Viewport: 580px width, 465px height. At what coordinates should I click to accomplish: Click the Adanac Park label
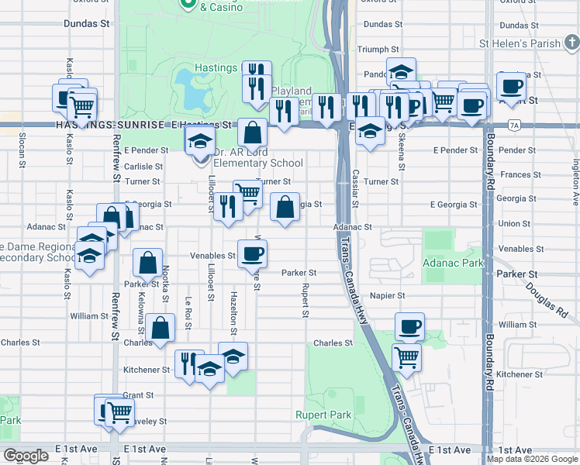[453, 263]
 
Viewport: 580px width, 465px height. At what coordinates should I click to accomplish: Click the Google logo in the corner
[26, 456]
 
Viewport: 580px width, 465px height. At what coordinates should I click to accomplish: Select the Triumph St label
[378, 49]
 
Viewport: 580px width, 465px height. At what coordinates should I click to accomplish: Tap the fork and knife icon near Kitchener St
[189, 364]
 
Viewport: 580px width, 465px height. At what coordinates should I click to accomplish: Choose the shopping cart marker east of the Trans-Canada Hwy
[407, 357]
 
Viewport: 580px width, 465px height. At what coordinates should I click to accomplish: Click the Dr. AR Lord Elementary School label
[257, 157]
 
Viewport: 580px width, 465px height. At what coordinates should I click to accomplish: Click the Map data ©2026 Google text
[532, 458]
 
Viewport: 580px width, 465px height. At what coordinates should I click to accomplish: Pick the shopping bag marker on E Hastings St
[252, 133]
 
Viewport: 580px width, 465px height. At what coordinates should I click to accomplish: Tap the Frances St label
[515, 175]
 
